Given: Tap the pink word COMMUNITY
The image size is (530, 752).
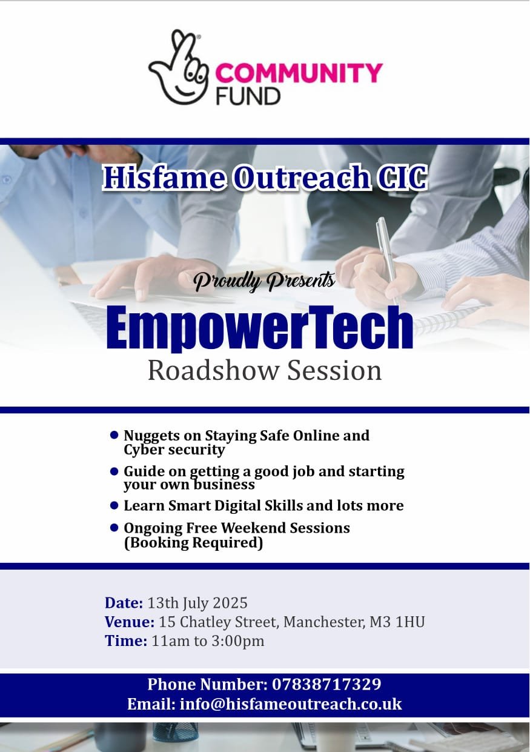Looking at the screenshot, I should click(299, 73).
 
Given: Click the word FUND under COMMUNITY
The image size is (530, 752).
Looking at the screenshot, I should click(248, 96).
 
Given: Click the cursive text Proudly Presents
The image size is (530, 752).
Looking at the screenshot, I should click(264, 281).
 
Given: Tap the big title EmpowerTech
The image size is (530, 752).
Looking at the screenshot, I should click(260, 328).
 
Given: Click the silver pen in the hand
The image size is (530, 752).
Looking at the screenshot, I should click(386, 255).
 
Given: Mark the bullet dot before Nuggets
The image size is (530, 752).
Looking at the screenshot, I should click(114, 434).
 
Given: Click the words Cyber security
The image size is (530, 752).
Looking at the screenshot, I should click(174, 450).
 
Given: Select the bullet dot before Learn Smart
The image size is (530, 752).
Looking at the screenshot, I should click(114, 504).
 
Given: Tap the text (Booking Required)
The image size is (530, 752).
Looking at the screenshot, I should click(193, 543).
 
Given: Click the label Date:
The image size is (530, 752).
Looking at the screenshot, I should click(124, 603).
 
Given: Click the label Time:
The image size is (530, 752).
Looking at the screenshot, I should click(125, 641).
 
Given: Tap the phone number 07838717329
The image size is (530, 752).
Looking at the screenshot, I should click(326, 685).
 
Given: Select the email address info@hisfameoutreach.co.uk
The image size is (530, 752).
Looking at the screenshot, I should click(291, 704).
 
